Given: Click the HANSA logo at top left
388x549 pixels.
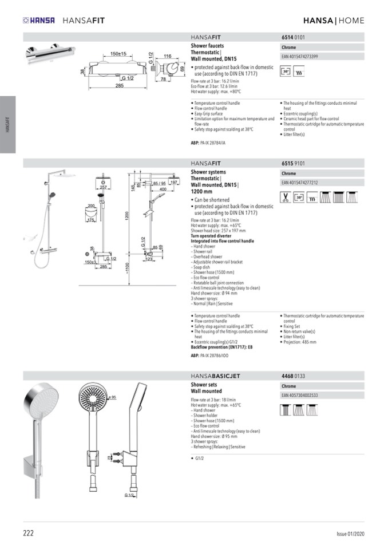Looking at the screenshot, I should coord(39,21).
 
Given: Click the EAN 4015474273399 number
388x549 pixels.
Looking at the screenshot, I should coord(300,57).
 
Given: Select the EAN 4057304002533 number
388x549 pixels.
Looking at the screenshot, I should coord(300,395).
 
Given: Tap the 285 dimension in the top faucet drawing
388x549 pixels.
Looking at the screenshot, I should coord(119,86).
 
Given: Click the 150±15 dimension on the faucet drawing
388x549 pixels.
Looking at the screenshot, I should coord(118,53).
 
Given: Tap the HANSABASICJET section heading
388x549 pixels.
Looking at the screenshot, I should coord(215,376).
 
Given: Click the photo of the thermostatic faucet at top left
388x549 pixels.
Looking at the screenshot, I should coord(45,54).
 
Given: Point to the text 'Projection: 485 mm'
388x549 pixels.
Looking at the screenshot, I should coord(300,342).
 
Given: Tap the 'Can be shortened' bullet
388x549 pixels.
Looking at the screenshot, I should coord(212,200).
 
